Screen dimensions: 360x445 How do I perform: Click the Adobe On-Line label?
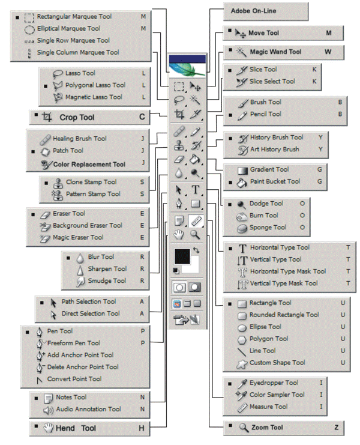coord(253,11)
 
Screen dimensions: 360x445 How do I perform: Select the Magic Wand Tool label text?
coord(275,52)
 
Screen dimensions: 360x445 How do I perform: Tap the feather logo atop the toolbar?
coord(187,70)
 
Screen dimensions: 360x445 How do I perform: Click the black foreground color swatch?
coord(182,256)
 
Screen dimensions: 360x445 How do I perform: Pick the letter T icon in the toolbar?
coord(196,190)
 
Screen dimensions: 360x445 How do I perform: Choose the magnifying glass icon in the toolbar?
coord(195,235)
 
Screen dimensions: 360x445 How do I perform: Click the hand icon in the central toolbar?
coord(179,235)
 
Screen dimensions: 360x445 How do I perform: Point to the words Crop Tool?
coord(77,117)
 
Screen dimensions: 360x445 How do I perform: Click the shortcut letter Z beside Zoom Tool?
coord(337,428)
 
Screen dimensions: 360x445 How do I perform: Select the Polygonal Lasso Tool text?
coord(95,85)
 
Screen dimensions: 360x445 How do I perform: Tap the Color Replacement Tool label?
coord(89,165)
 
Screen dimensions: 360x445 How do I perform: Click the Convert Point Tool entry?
coord(74,379)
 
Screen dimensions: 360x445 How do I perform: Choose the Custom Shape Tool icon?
coord(242,364)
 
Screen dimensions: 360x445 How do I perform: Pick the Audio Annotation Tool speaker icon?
coord(48,410)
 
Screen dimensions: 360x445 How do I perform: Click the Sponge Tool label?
coord(268,228)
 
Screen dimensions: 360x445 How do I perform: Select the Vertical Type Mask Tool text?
coord(284,283)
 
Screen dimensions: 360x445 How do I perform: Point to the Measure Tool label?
coord(268,407)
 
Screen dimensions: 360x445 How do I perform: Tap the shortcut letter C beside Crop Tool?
coord(142,117)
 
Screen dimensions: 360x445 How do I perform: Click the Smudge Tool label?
coord(107,281)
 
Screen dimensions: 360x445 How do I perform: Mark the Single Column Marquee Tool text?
coord(78,52)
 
